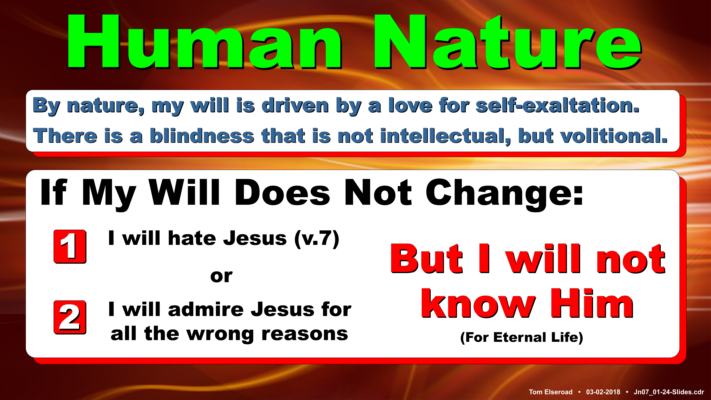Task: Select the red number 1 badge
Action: [x=70, y=246]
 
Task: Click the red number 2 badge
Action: [x=70, y=317]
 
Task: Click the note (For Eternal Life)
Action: [x=522, y=337]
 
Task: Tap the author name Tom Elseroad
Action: [x=551, y=392]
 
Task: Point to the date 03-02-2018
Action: [x=603, y=392]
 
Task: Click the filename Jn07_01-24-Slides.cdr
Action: [x=669, y=392]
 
